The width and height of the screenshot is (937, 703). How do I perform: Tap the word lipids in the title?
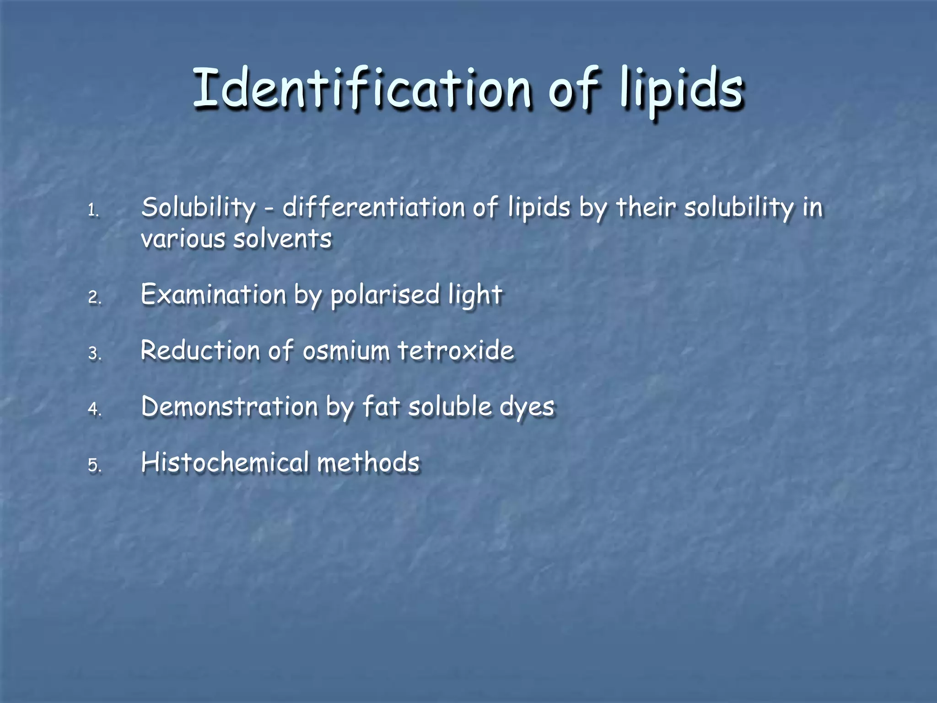pyautogui.click(x=681, y=88)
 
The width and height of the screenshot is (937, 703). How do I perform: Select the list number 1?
pyautogui.click(x=93, y=211)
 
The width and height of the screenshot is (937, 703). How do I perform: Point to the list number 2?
pyautogui.click(x=94, y=297)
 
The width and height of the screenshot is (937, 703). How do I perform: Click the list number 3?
pyautogui.click(x=94, y=353)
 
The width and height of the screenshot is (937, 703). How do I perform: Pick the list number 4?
pyautogui.click(x=94, y=409)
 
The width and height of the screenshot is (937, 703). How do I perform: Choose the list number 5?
pyautogui.click(x=94, y=465)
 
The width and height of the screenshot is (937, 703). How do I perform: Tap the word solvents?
pyautogui.click(x=282, y=239)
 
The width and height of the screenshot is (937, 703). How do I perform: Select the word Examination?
pyautogui.click(x=213, y=294)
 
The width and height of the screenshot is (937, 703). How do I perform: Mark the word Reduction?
pyautogui.click(x=200, y=351)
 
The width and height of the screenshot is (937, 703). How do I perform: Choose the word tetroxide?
pyautogui.click(x=456, y=351)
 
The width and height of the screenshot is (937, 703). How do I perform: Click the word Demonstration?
pyautogui.click(x=229, y=406)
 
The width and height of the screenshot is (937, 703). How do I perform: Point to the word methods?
pyautogui.click(x=368, y=462)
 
